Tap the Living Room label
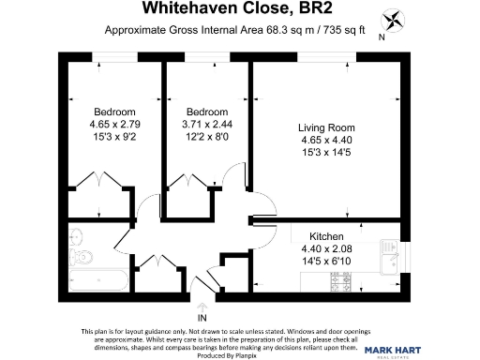pyautogui.click(x=322, y=127)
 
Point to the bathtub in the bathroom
pyautogui.click(x=97, y=279)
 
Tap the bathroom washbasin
pyautogui.click(x=77, y=233)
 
